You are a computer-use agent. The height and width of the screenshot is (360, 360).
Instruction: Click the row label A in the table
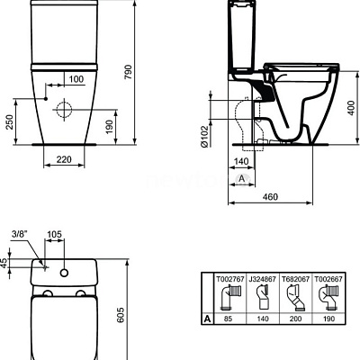(x=207, y=319)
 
